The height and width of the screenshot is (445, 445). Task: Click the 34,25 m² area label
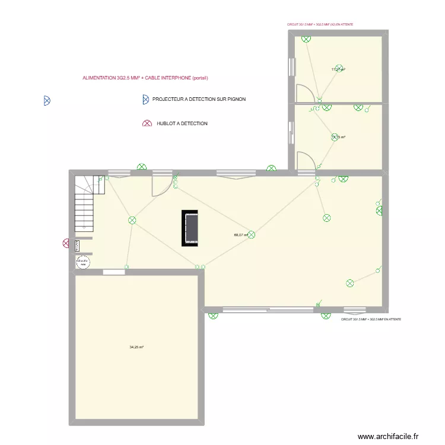[x=136, y=347]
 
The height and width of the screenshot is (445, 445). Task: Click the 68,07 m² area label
[x=240, y=235]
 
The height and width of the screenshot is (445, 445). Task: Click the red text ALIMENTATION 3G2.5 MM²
[x=145, y=78]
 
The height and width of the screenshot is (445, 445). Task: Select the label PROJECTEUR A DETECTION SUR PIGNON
[x=199, y=100]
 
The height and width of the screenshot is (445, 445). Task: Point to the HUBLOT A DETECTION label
[x=182, y=123]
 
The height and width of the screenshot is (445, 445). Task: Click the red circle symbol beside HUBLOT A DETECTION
[x=146, y=123]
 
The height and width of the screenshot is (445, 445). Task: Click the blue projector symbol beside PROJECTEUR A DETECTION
[x=145, y=100]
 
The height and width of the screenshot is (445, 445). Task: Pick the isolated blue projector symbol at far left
[x=46, y=101]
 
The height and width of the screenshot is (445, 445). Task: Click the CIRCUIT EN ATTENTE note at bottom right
[x=371, y=320]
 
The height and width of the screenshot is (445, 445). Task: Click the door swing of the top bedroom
[x=304, y=93]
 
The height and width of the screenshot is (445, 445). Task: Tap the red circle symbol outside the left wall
[x=66, y=243]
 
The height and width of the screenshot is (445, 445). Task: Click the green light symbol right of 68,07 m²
[x=252, y=235]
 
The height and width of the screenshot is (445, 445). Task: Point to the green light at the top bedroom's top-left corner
[x=306, y=39]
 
